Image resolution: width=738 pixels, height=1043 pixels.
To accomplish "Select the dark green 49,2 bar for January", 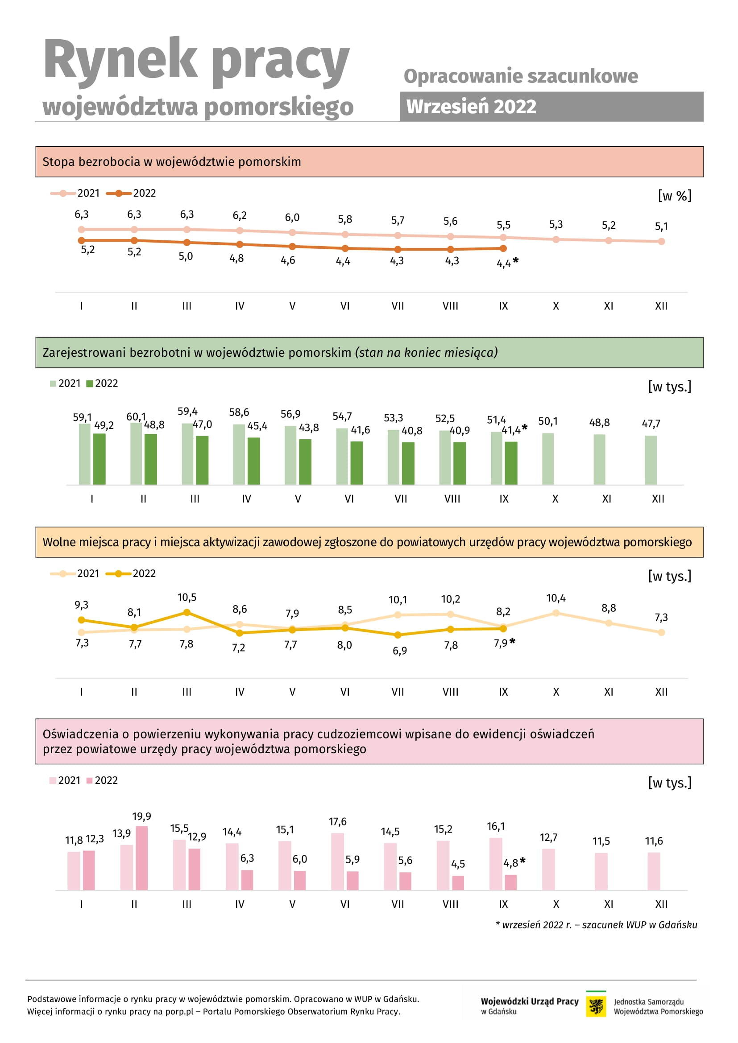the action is tap(99, 459).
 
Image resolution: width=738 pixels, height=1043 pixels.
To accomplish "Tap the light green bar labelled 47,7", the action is tap(651, 460).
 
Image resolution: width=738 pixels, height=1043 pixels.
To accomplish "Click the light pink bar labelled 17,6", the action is tap(337, 862).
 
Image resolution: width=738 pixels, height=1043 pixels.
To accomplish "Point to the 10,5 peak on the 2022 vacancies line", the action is tap(187, 612).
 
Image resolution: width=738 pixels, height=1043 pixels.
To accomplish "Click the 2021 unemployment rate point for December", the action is tap(661, 241).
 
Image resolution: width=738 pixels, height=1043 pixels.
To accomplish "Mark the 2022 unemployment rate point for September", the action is tap(503, 248).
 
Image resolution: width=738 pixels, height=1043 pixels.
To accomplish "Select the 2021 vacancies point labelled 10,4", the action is tap(556, 613).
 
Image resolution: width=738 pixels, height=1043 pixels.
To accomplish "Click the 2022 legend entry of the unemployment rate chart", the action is tap(131, 193).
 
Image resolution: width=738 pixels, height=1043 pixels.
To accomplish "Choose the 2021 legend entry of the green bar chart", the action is tap(65, 383).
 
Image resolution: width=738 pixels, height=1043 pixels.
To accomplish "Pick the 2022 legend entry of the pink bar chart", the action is tap(102, 780).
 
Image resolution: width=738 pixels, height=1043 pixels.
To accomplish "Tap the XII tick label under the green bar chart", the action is tap(658, 499).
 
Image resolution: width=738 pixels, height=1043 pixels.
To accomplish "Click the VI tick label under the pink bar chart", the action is tap(345, 904).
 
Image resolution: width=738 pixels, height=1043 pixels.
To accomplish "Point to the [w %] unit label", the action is tap(675, 196).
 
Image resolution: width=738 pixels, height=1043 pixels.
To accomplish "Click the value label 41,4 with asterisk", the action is tap(514, 430).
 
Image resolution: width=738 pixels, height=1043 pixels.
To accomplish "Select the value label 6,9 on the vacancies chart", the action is tap(400, 651).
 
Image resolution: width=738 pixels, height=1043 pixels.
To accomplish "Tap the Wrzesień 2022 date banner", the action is tap(551, 107).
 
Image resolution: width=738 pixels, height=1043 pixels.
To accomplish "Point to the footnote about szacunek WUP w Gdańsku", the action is tap(596, 924).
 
